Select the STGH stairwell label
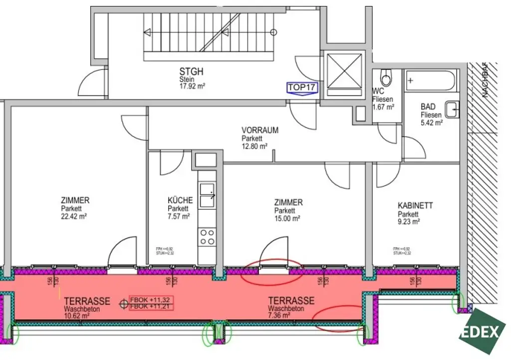[x=191, y=72]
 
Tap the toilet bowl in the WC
[x=386, y=77]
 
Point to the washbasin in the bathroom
[x=452, y=110]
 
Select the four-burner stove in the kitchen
[x=207, y=237]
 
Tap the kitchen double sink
[x=207, y=195]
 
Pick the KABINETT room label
[x=415, y=205]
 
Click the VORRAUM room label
[x=260, y=131]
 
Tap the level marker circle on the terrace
[x=123, y=303]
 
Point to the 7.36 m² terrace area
[x=279, y=315]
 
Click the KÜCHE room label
[x=180, y=201]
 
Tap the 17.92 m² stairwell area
[x=193, y=86]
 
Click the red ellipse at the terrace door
[x=271, y=271]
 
